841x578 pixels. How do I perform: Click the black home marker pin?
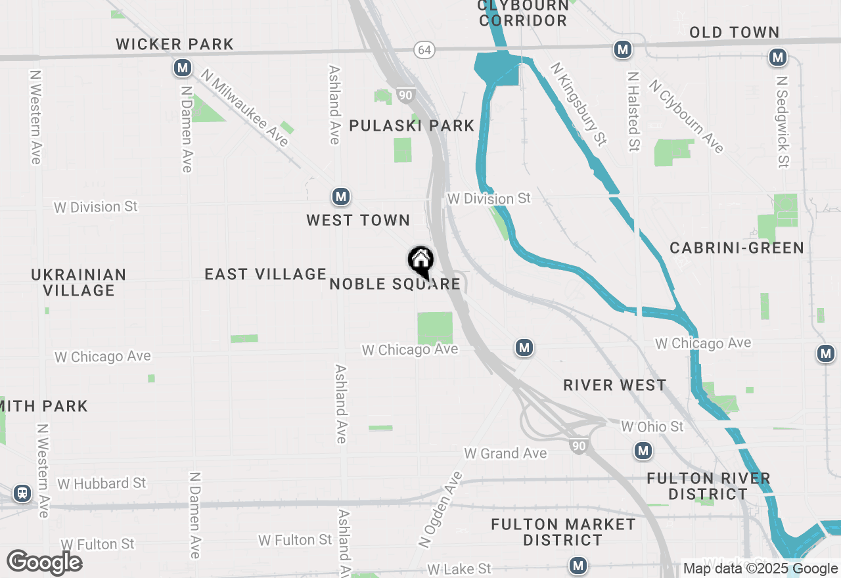pyautogui.click(x=420, y=261)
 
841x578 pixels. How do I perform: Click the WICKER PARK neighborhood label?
pyautogui.click(x=175, y=44)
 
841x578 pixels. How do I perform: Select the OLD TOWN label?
pyautogui.click(x=734, y=32)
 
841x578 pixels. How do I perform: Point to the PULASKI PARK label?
pyautogui.click(x=411, y=125)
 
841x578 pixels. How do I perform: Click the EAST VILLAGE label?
pyautogui.click(x=265, y=274)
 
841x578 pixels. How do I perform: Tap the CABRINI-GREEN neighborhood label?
pyautogui.click(x=737, y=248)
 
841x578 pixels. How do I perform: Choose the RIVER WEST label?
pyautogui.click(x=615, y=385)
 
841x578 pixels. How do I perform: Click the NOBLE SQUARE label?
pyautogui.click(x=395, y=284)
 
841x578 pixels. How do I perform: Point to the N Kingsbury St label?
pyautogui.click(x=578, y=104)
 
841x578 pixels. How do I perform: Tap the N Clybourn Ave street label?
pyautogui.click(x=686, y=116)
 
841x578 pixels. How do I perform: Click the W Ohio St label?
pyautogui.click(x=652, y=427)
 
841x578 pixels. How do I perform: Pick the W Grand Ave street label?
pyautogui.click(x=505, y=453)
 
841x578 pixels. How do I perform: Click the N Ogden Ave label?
pyautogui.click(x=440, y=509)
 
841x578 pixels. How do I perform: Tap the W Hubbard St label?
pyautogui.click(x=101, y=483)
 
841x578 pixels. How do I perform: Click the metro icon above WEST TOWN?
pyautogui.click(x=340, y=196)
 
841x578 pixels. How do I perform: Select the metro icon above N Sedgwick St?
pyautogui.click(x=778, y=58)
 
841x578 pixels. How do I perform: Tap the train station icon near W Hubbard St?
pyautogui.click(x=22, y=493)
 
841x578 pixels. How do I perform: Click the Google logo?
pyautogui.click(x=44, y=562)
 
